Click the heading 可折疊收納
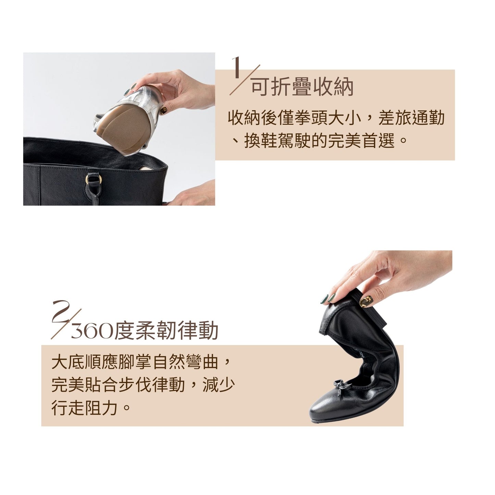point(302,87)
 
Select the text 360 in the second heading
point(92,331)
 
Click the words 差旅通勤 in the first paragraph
point(411,118)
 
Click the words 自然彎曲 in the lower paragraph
point(185,362)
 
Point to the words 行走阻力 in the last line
point(85,408)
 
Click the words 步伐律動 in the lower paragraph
point(152,385)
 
